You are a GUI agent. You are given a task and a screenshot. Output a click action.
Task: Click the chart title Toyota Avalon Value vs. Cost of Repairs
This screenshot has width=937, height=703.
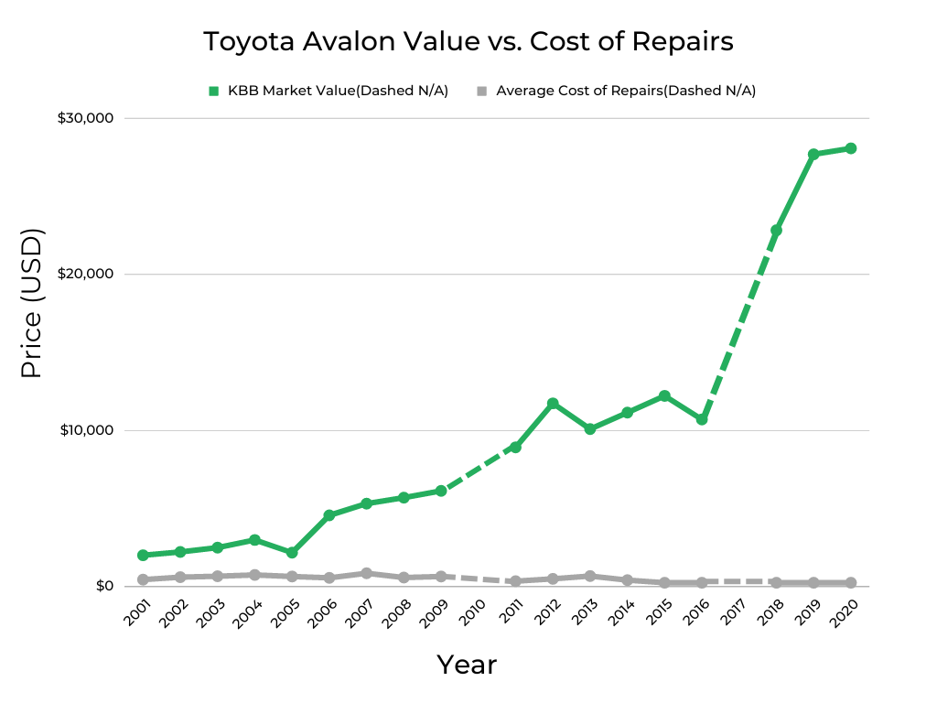(x=468, y=42)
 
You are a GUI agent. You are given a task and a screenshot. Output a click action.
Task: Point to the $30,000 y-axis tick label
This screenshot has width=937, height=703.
(x=85, y=118)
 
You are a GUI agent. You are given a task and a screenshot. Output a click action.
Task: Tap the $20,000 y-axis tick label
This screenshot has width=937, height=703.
(x=85, y=275)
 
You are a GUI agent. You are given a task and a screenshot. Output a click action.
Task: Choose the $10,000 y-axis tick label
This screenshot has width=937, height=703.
(x=85, y=430)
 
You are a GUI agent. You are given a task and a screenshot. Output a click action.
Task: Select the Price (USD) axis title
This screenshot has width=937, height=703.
(x=32, y=304)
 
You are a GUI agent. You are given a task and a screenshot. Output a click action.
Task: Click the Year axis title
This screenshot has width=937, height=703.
(x=467, y=664)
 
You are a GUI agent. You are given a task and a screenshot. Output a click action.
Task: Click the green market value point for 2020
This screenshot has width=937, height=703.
(x=850, y=148)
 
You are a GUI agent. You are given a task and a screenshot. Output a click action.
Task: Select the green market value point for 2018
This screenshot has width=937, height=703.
(x=776, y=231)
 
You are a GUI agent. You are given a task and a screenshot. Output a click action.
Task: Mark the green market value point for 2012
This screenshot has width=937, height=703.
(x=553, y=404)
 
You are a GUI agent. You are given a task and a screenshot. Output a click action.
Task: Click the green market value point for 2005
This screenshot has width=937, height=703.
(x=292, y=553)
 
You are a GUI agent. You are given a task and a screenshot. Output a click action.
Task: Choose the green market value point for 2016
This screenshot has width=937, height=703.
(x=702, y=419)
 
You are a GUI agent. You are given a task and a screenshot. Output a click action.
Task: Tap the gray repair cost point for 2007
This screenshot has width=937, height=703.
(x=366, y=573)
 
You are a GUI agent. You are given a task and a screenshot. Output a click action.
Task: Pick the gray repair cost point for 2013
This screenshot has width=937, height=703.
(x=589, y=576)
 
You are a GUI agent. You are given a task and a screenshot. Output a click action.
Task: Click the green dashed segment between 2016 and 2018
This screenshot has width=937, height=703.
(x=739, y=324)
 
